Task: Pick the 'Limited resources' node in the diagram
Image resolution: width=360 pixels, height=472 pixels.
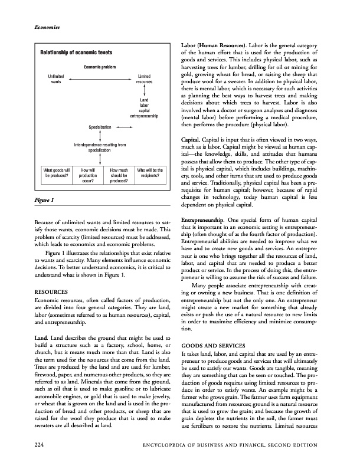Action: point(145,79)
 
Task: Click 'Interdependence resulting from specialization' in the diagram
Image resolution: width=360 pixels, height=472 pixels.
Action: point(100,147)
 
